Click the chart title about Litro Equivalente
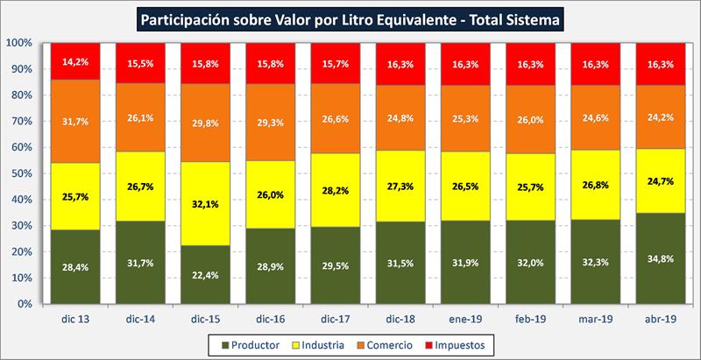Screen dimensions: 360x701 tap(350, 17)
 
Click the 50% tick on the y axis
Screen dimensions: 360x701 tap(22, 173)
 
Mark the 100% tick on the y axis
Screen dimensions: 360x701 tap(19, 42)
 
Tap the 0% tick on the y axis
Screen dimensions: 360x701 tap(25, 304)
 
